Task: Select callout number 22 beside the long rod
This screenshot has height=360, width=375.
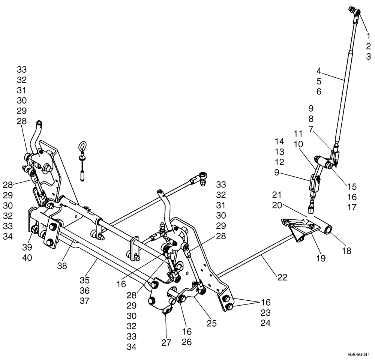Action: pyautogui.click(x=282, y=277)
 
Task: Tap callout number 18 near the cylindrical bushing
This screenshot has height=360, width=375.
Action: pyautogui.click(x=346, y=251)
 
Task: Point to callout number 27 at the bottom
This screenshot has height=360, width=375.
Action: pyautogui.click(x=166, y=342)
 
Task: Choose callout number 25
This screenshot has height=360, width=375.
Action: pyautogui.click(x=211, y=323)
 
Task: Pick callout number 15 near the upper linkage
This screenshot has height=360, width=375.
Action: pyautogui.click(x=352, y=186)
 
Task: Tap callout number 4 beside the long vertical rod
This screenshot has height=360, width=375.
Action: pyautogui.click(x=319, y=70)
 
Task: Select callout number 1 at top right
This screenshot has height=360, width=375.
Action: pyautogui.click(x=368, y=36)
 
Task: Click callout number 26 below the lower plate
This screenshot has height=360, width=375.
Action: pyautogui.click(x=187, y=342)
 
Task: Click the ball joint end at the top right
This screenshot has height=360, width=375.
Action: pyautogui.click(x=356, y=13)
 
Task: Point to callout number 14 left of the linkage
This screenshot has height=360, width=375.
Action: pyautogui.click(x=279, y=141)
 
